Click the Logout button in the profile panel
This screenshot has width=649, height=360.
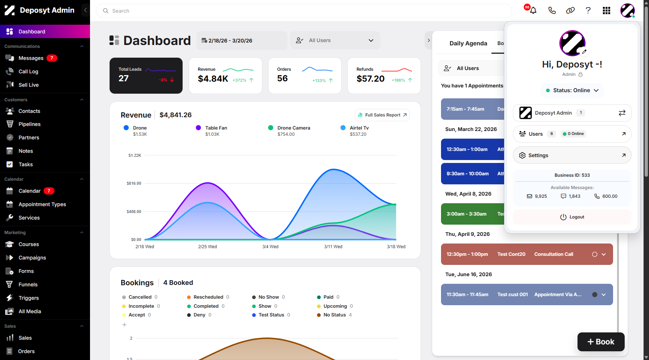click(x=572, y=217)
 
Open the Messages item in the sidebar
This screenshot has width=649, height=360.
click(x=31, y=58)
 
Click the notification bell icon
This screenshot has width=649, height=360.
click(x=533, y=11)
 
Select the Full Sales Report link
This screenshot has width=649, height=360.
click(x=382, y=115)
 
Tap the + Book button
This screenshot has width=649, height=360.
click(x=601, y=342)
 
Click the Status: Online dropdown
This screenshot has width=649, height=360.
click(x=572, y=90)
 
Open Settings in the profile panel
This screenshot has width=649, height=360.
click(x=572, y=155)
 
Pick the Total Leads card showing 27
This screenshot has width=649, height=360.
click(x=146, y=75)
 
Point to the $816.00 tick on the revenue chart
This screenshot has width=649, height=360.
click(x=134, y=183)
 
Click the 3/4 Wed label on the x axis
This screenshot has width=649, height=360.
click(x=270, y=247)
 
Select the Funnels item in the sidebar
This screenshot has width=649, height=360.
click(x=28, y=285)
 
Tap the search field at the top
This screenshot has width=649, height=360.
click(x=304, y=11)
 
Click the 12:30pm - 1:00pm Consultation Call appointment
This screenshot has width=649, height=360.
click(x=527, y=254)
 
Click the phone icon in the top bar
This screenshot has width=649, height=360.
click(x=552, y=11)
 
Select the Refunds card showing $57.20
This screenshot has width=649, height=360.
click(x=384, y=75)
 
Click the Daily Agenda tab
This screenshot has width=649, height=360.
click(x=468, y=44)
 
